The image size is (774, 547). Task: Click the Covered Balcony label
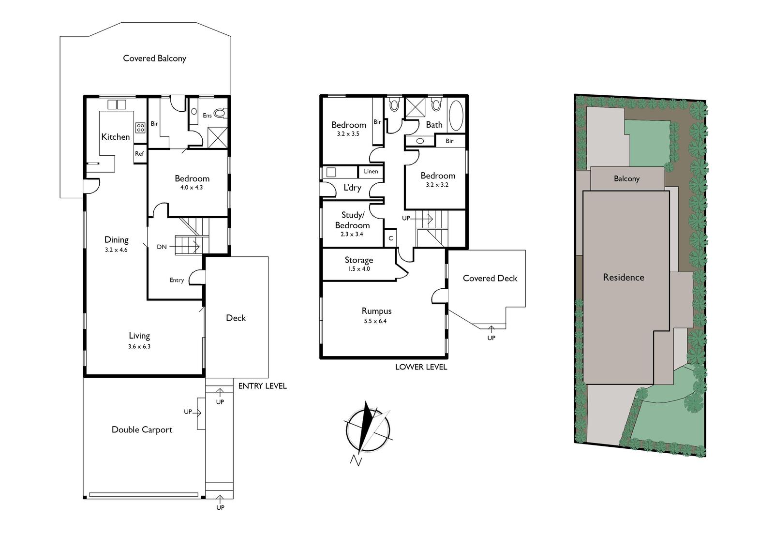tap(154, 59)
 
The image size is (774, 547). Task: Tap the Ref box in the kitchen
tap(140, 154)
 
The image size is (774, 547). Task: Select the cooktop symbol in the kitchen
tap(140, 128)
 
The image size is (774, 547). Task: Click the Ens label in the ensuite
tap(208, 116)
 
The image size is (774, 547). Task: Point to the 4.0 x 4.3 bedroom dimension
tap(192, 188)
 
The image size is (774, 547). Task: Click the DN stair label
tap(162, 247)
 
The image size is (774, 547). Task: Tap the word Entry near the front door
tap(177, 280)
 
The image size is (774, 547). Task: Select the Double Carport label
tap(142, 429)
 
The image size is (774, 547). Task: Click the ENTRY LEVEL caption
tap(263, 386)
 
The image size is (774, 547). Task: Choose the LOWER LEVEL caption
tap(421, 367)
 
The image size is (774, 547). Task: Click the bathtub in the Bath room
tap(456, 116)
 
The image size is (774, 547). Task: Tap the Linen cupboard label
tap(371, 171)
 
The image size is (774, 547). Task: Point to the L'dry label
tap(352, 188)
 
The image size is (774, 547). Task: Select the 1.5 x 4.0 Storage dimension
tap(358, 269)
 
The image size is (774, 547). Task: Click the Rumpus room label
tap(377, 311)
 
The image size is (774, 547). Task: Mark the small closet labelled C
tap(390, 238)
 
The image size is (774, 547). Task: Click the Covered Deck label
tap(490, 278)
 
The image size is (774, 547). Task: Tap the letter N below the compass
tap(356, 460)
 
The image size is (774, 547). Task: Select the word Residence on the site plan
tap(624, 277)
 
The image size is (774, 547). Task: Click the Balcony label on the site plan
tap(626, 178)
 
